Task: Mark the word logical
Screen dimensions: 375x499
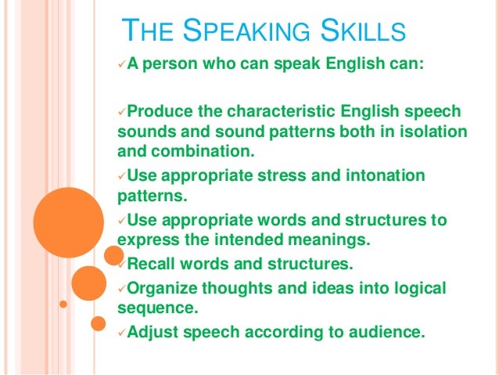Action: point(415,288)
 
